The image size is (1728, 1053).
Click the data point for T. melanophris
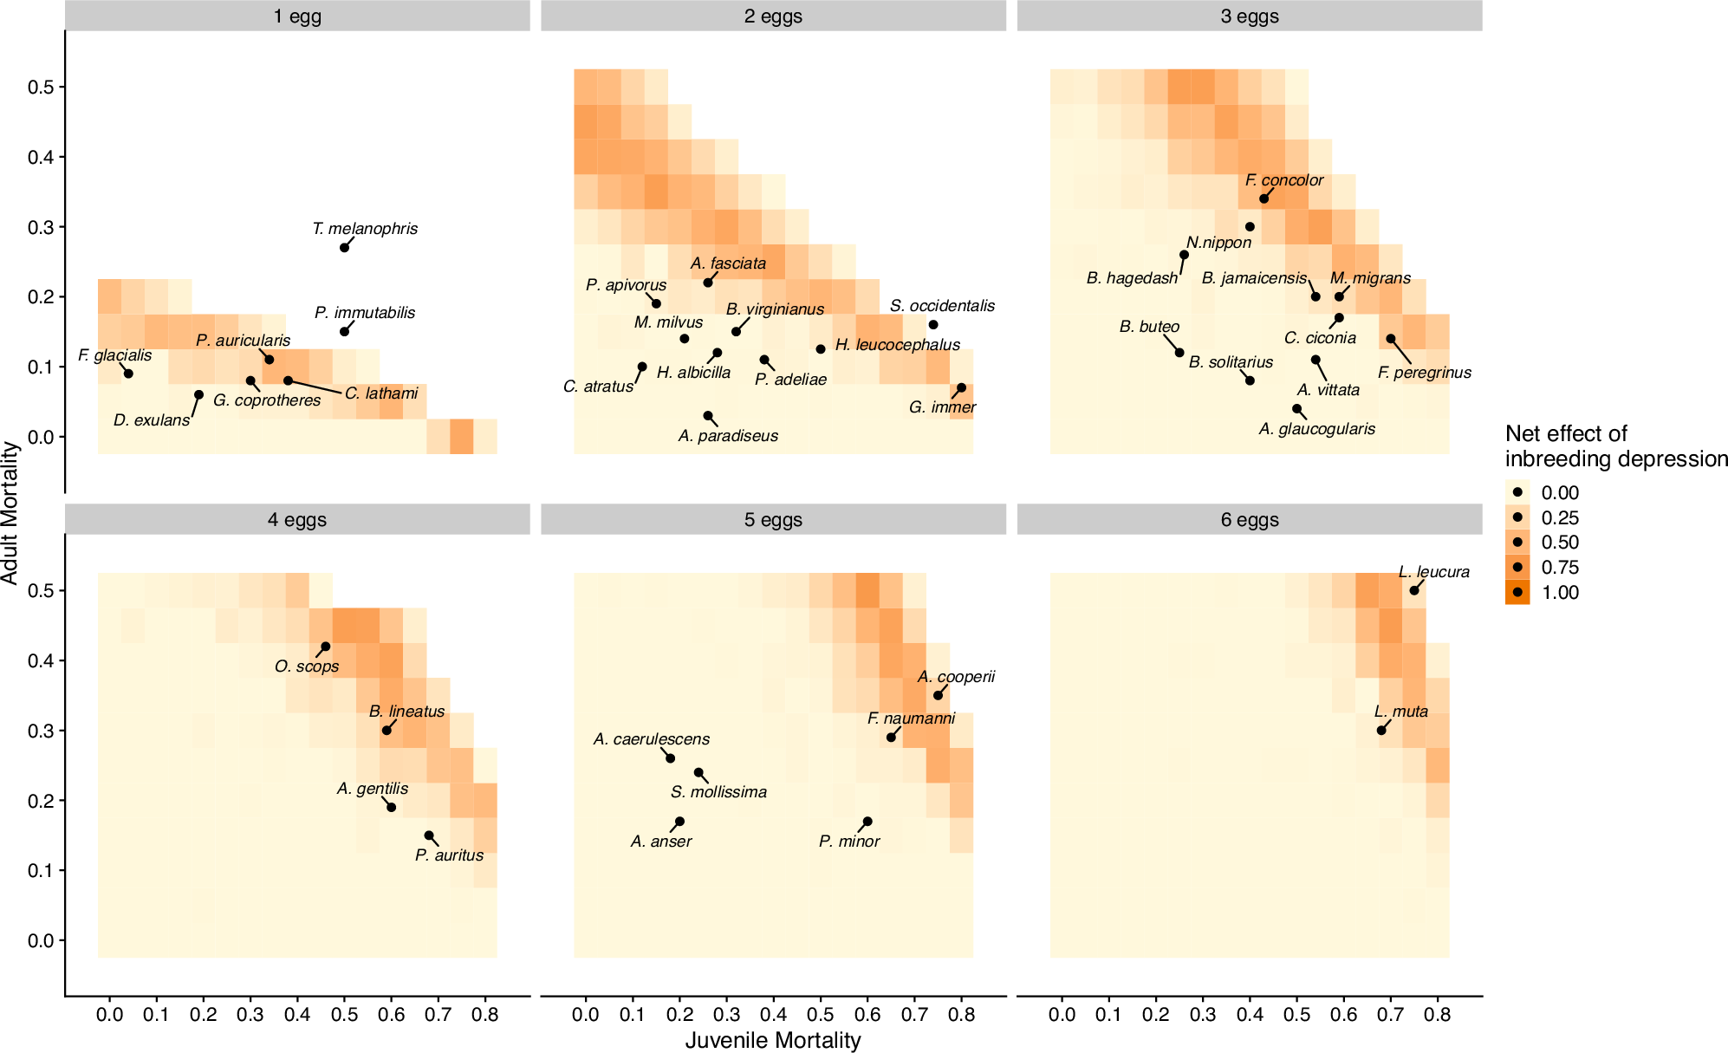coord(344,248)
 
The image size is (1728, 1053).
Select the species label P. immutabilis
coord(365,313)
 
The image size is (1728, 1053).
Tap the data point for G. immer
coord(961,387)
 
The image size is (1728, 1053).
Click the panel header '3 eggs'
coord(1249,16)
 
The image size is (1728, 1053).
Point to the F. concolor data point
coord(1264,199)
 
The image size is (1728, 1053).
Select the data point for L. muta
coord(1381,731)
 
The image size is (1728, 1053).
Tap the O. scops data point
coord(325,647)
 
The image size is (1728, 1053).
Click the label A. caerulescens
coord(651,739)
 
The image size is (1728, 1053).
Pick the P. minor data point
coord(867,822)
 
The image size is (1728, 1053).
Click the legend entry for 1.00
coord(1517,592)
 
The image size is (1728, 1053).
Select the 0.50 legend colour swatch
coord(1517,543)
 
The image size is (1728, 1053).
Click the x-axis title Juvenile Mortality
coord(773,1040)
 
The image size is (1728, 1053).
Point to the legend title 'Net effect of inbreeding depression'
coord(1615,445)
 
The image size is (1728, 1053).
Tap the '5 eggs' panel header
coord(773,520)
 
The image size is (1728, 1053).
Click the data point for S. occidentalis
coord(933,325)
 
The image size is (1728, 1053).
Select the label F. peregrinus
coord(1424,373)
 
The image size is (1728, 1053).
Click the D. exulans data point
coord(198,394)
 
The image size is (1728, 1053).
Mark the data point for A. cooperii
coord(938,696)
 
